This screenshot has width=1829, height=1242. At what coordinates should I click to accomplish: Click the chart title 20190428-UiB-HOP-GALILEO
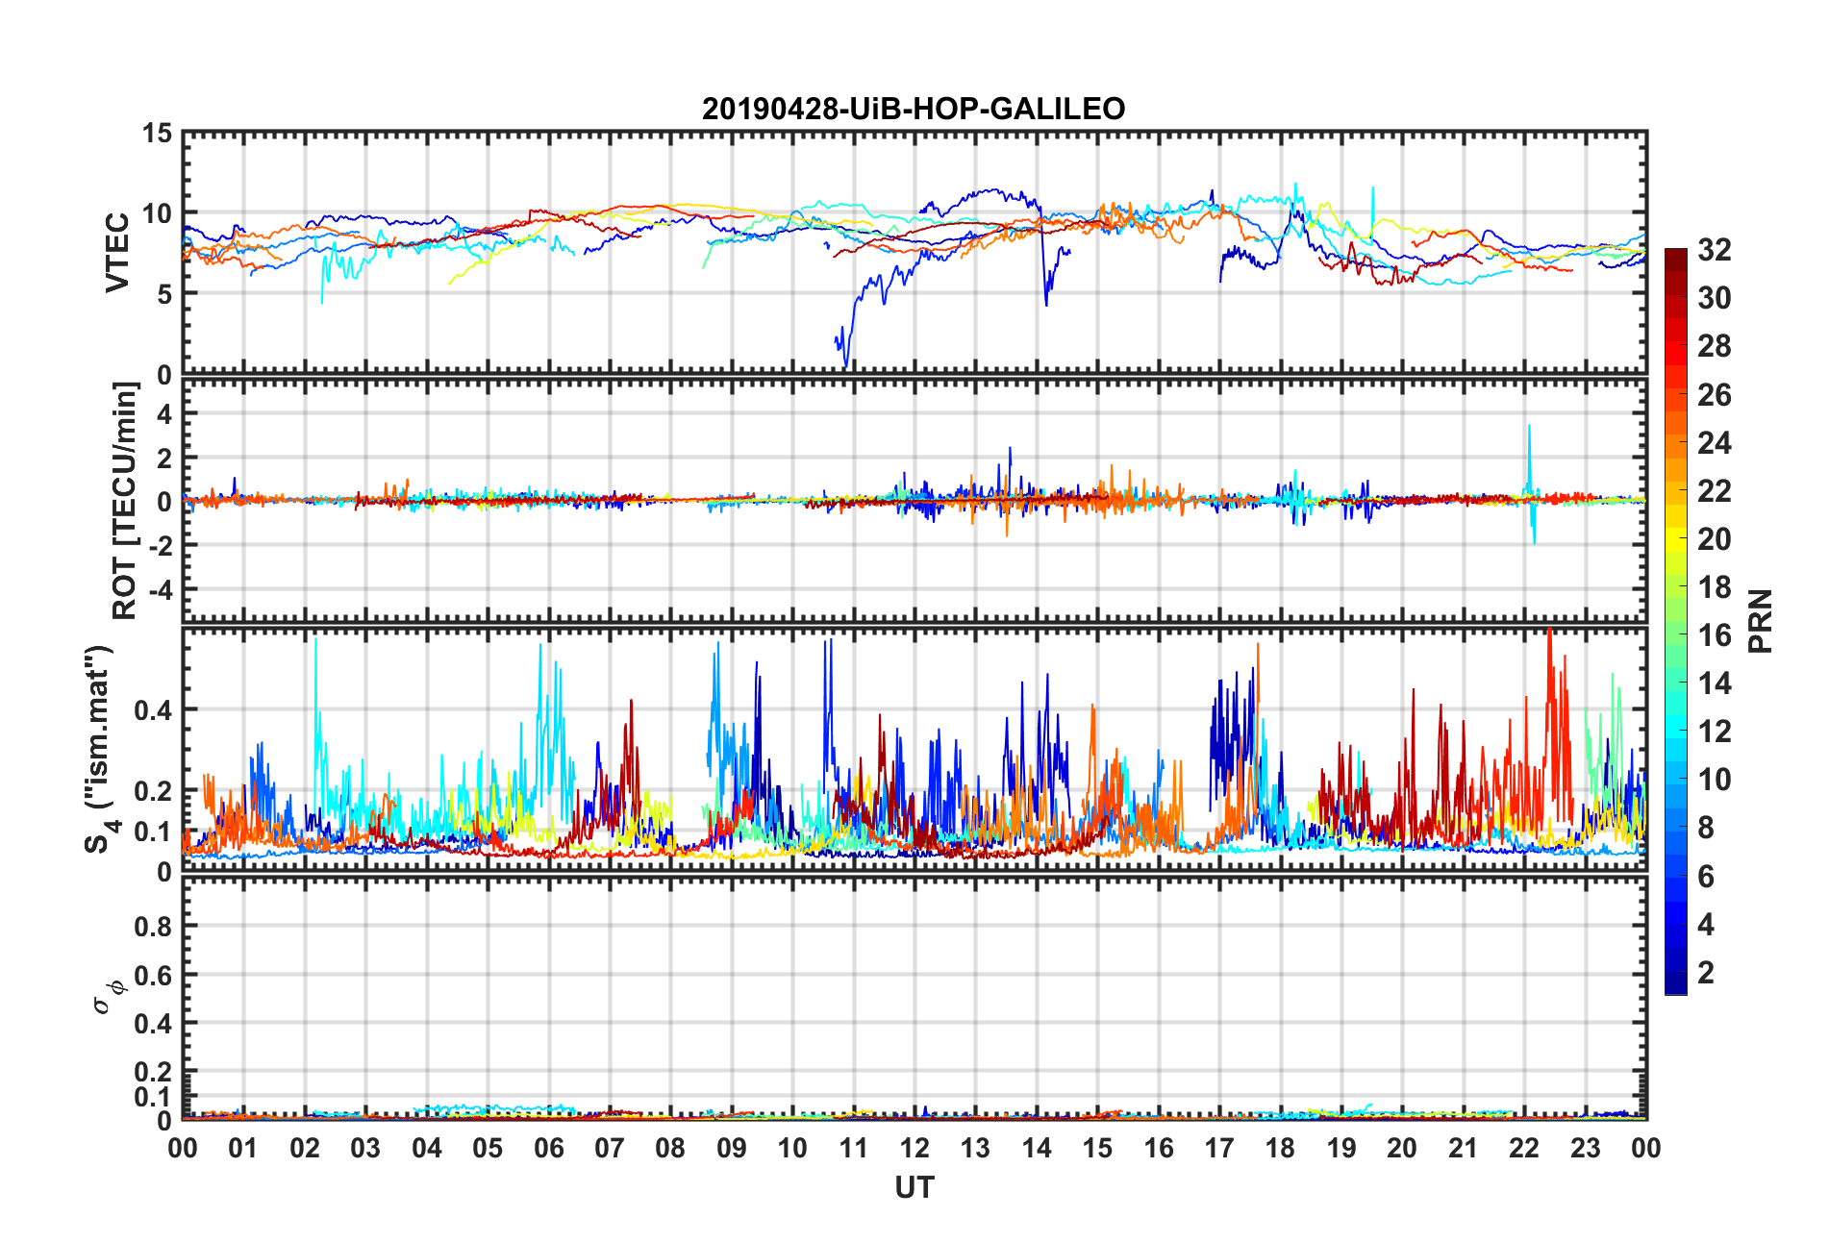(913, 109)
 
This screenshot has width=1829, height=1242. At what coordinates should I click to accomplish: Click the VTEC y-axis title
(117, 253)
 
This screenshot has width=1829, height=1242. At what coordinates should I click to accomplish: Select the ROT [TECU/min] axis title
(125, 500)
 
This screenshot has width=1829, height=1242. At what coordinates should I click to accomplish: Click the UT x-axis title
(914, 1188)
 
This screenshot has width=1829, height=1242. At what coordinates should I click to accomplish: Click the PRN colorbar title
(1761, 621)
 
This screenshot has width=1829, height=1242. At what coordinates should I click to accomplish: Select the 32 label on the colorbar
(1714, 250)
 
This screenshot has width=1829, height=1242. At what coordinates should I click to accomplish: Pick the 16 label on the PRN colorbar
(1714, 635)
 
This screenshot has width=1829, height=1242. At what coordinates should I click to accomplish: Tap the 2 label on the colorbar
(1706, 973)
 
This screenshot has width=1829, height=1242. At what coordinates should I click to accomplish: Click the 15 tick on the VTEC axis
(158, 134)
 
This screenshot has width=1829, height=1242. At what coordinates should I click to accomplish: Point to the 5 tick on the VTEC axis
(164, 294)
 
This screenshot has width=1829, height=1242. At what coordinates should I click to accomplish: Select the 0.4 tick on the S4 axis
(153, 710)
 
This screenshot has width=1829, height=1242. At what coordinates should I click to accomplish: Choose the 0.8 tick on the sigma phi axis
(153, 927)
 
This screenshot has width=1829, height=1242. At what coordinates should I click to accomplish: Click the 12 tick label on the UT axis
(914, 1148)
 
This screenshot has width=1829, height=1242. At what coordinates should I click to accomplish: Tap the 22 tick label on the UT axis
(1524, 1148)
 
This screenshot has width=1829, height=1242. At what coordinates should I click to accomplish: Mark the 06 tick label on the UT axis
(548, 1148)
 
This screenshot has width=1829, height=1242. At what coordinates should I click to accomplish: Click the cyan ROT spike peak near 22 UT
(1529, 426)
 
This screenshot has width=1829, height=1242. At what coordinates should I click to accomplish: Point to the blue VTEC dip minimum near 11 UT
(846, 365)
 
